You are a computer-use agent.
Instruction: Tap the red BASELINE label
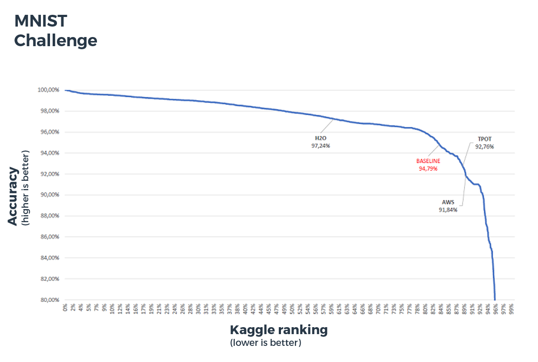428,161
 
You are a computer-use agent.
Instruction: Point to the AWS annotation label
449,202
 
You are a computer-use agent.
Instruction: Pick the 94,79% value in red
428,168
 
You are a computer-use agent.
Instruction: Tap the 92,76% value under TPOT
484,146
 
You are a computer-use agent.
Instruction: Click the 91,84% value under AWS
448,210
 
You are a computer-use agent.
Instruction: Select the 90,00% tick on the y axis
49,195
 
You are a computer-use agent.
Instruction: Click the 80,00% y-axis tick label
49,300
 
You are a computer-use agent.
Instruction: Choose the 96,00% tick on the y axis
49,132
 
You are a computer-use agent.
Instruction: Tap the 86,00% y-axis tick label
49,237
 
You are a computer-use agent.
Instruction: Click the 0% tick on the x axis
65,308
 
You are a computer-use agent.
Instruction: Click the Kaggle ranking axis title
278,330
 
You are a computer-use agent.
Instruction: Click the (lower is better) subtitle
265,343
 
